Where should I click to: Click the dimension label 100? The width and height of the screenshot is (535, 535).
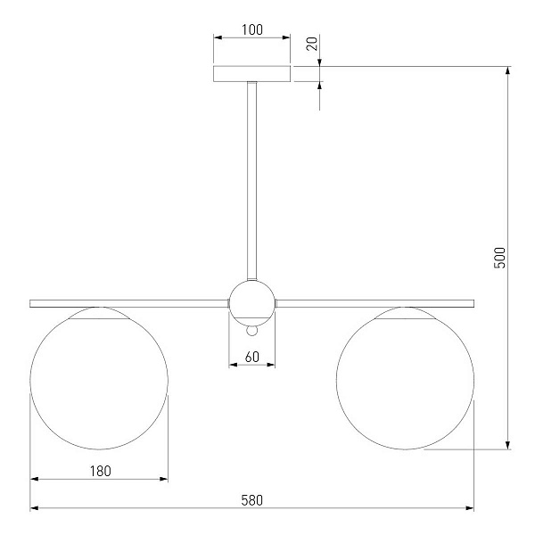[x=252, y=29]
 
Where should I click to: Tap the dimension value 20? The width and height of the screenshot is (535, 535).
[x=312, y=44]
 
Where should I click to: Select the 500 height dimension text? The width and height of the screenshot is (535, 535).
[x=499, y=258]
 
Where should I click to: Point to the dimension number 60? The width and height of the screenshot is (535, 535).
[x=252, y=357]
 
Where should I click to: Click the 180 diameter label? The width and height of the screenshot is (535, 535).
[x=100, y=471]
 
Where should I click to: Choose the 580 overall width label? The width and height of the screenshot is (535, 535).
[x=252, y=500]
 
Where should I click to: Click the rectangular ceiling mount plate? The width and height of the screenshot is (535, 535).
[x=251, y=74]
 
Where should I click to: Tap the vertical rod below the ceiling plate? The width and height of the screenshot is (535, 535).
[x=251, y=181]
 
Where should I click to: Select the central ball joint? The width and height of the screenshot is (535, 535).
[x=251, y=303]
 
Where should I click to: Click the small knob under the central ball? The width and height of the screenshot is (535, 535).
[x=251, y=331]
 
